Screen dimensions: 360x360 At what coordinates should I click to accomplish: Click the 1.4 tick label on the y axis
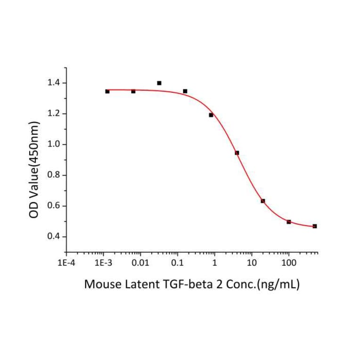(53, 83)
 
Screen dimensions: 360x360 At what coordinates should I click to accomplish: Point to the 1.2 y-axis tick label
(53, 114)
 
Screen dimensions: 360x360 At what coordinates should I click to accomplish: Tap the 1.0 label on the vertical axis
(53, 145)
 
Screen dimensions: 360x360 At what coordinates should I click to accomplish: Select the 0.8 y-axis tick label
(53, 175)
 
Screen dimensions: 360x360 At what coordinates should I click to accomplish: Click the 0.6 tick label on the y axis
(53, 206)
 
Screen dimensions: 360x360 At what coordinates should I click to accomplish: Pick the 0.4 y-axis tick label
(53, 237)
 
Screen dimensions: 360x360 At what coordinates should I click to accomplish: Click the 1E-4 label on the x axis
(66, 263)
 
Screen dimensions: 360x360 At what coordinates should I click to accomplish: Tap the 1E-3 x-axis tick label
(103, 263)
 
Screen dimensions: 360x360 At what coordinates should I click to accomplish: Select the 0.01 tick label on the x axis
(140, 263)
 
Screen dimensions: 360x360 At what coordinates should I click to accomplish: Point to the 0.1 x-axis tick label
(177, 263)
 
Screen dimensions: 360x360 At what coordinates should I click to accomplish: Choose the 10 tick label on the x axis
(252, 263)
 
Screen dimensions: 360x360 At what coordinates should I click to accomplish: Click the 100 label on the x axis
(289, 263)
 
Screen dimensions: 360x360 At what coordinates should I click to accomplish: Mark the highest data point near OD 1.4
(159, 83)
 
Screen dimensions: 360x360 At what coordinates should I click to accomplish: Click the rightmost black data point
(315, 226)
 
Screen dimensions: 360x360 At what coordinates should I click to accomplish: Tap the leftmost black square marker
(107, 91)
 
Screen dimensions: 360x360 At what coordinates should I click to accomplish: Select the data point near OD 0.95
(237, 153)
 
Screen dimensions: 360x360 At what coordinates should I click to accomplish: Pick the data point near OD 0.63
(263, 201)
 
